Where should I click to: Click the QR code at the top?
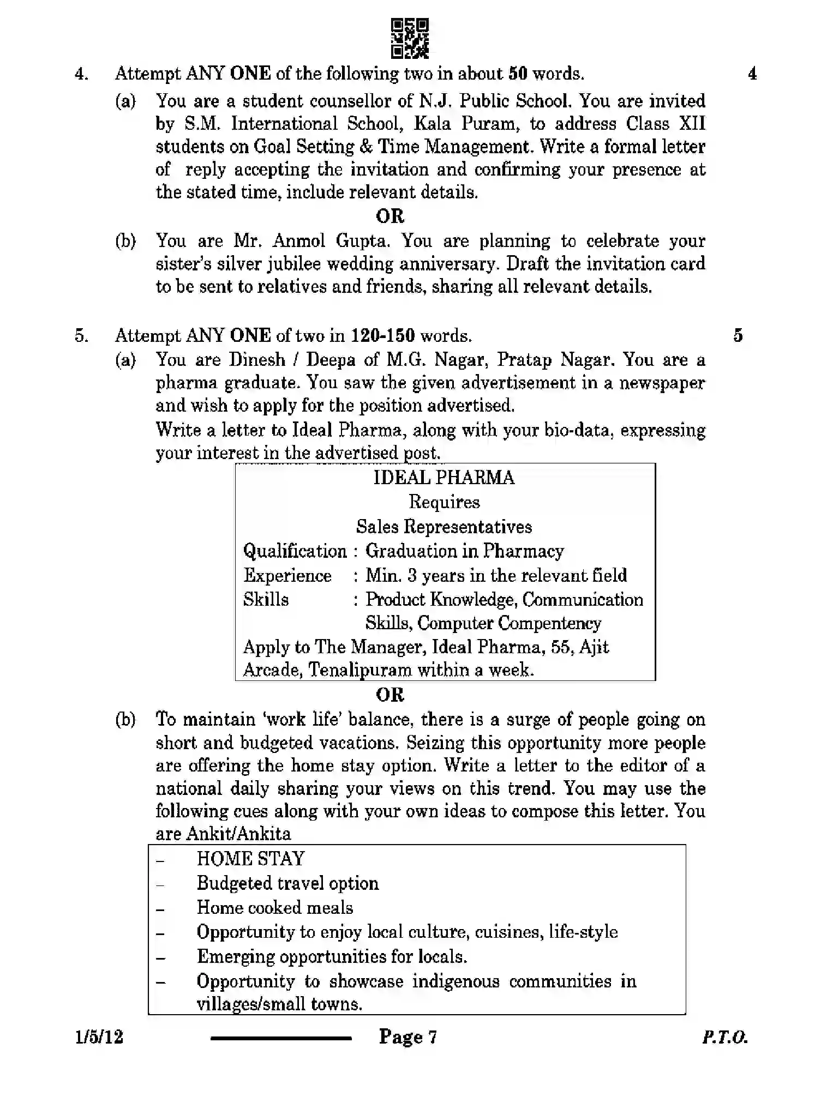[410, 38]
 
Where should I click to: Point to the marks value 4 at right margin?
[752, 74]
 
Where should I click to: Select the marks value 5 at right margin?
[738, 335]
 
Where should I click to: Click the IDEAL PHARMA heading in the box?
[444, 478]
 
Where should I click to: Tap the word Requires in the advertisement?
[444, 502]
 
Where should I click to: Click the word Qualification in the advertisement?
[295, 551]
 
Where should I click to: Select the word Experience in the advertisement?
[287, 576]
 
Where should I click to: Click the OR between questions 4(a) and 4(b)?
[389, 216]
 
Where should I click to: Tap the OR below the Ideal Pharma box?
[389, 695]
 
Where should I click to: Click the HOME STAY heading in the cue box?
[250, 859]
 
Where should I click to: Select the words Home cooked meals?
[275, 907]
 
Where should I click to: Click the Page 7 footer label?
[408, 1036]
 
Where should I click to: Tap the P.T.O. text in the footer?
[724, 1037]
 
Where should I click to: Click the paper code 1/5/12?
[99, 1036]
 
